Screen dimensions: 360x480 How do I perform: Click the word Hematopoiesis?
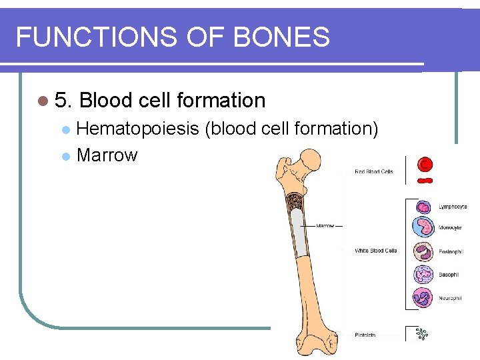[138, 128]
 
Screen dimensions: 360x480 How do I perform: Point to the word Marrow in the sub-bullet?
[107, 155]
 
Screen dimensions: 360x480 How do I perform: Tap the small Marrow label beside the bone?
[325, 226]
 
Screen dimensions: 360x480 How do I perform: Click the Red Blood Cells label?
[373, 171]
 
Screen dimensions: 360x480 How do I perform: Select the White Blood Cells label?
[375, 251]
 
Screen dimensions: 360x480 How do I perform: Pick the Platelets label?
[365, 335]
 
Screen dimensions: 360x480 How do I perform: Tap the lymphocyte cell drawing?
[423, 207]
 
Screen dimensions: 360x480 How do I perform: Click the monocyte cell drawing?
[423, 228]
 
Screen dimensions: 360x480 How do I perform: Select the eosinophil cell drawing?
[423, 252]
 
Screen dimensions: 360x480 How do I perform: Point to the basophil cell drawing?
[423, 275]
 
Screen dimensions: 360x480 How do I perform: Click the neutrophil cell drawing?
[423, 297]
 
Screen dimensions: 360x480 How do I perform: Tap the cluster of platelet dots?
[421, 333]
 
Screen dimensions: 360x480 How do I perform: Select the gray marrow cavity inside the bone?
[301, 233]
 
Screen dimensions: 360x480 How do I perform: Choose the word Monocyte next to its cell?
[450, 228]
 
